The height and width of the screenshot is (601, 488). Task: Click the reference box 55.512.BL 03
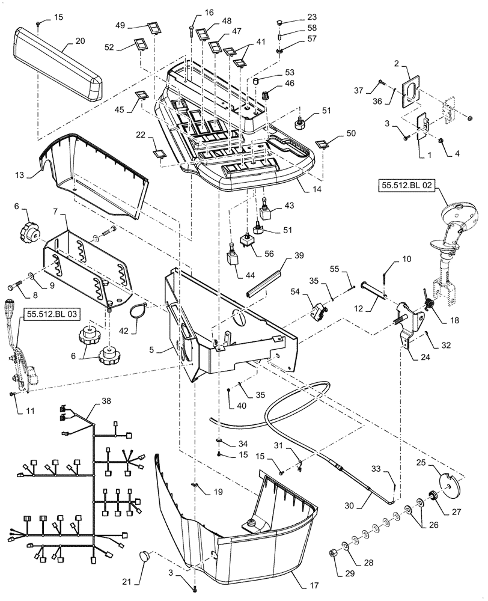(51, 314)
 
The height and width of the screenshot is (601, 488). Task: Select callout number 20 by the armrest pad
(80, 41)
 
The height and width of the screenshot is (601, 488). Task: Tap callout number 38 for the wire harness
(106, 400)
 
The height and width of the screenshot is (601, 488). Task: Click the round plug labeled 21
(147, 555)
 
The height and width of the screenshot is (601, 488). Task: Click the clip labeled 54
(319, 311)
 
